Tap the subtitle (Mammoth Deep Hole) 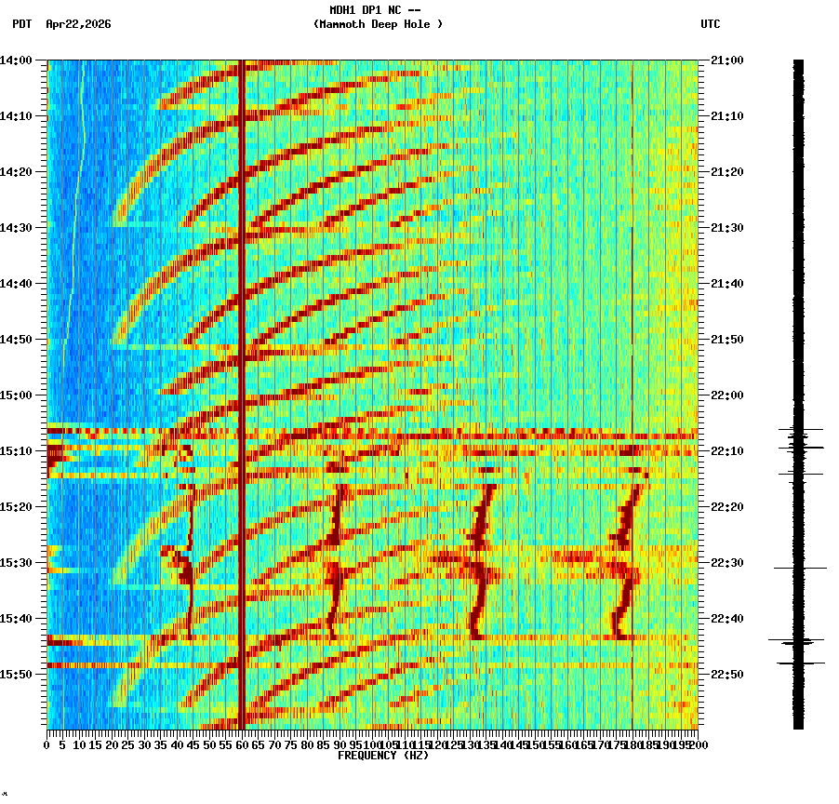378,24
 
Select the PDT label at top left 21,24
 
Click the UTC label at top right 710,24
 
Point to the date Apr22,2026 78,24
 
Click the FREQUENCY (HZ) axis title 383,756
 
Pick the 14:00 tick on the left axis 16,60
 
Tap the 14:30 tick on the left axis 16,228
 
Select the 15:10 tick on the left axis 16,451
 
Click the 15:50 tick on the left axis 16,674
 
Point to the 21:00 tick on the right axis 727,60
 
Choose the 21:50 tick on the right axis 727,340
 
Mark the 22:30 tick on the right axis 727,563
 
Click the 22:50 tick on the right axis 727,674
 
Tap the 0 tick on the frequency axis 47,744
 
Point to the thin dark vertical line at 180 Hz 632,279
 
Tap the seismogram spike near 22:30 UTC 799,568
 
